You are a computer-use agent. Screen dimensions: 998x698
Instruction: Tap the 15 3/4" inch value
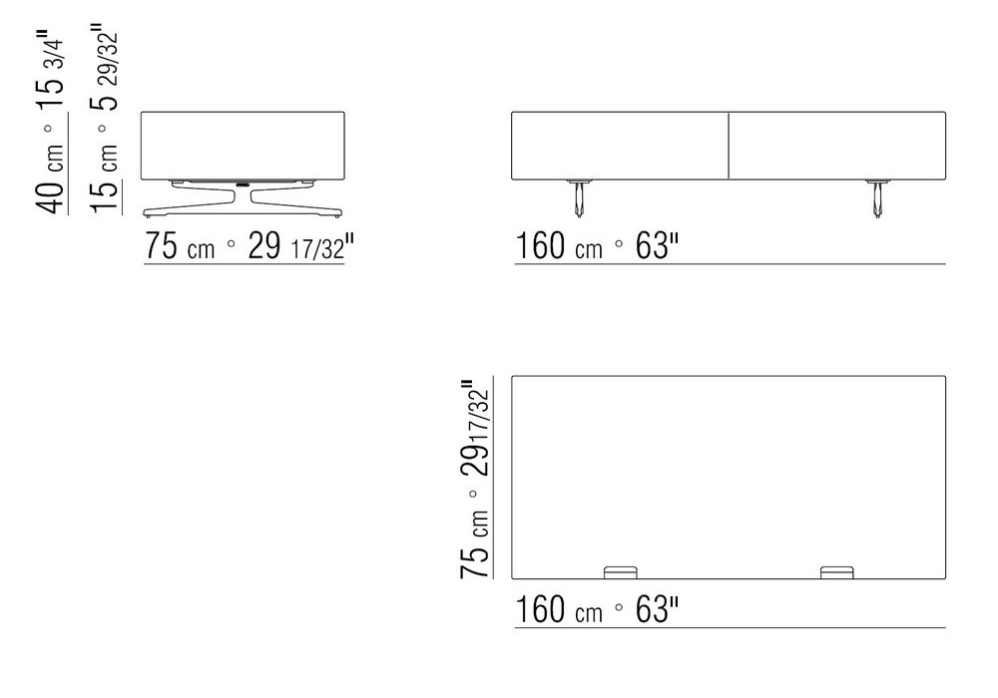[x=51, y=71]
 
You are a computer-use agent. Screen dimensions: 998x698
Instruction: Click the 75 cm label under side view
[x=180, y=246]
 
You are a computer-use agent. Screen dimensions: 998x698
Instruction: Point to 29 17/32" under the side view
[x=300, y=246]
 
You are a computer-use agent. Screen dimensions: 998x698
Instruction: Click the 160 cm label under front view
[x=558, y=246]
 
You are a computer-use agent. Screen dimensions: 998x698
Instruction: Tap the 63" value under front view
[x=657, y=246]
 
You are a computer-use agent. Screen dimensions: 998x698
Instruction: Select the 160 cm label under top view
[x=558, y=609]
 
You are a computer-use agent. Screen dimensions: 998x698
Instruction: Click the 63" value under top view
[x=657, y=609]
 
